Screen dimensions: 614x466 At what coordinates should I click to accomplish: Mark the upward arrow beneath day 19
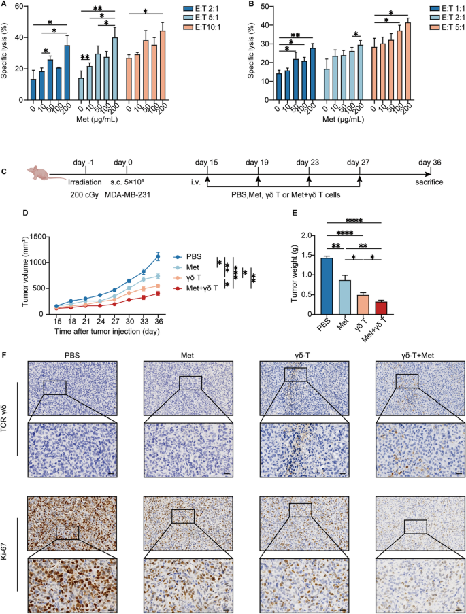coord(258,178)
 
